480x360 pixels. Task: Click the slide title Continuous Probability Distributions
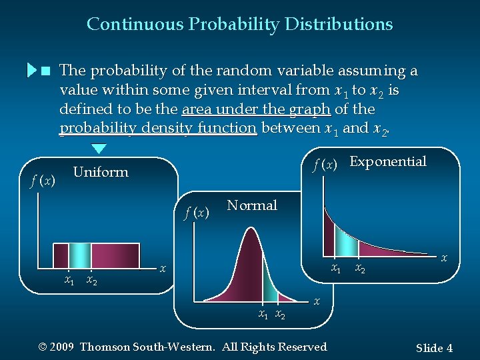coord(239,25)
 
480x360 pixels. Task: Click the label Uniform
coord(100,172)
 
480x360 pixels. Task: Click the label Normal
coord(251,205)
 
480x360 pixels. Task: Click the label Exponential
coord(387,161)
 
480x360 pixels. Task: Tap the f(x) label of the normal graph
coord(197,213)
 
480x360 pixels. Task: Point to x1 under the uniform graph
coord(69,280)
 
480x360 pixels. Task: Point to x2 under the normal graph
coord(280,314)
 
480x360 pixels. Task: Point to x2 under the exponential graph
coord(359,269)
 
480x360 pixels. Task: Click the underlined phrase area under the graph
coord(255,109)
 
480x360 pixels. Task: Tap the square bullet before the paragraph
coord(45,71)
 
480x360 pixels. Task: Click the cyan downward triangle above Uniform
coord(99,149)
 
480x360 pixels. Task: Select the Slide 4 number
coord(434,348)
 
